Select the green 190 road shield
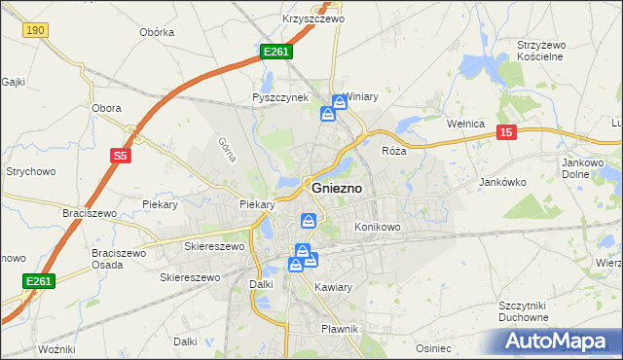pyautogui.click(x=36, y=31)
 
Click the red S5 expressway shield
pyautogui.click(x=119, y=155)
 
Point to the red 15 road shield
pyautogui.click(x=505, y=132)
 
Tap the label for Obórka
pyautogui.click(x=156, y=32)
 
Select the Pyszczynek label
pyautogui.click(x=279, y=97)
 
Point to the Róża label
pyautogui.click(x=393, y=151)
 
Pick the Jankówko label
pyautogui.click(x=503, y=182)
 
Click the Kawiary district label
pyautogui.click(x=333, y=287)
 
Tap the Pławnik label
pyautogui.click(x=340, y=329)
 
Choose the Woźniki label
pyautogui.click(x=55, y=347)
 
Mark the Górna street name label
pyautogui.click(x=228, y=148)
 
